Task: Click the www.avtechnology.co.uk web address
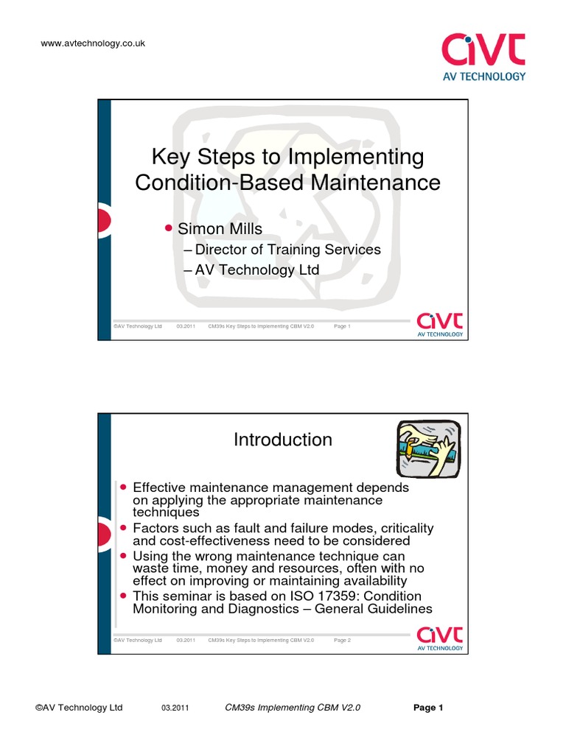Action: pyautogui.click(x=93, y=43)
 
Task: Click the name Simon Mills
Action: pyautogui.click(x=220, y=229)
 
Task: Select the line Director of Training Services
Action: pyautogui.click(x=282, y=250)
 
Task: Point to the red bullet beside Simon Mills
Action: pyautogui.click(x=168, y=228)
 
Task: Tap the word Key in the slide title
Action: pyautogui.click(x=171, y=157)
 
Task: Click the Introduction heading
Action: pyautogui.click(x=283, y=440)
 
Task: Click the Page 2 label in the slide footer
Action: pyautogui.click(x=342, y=641)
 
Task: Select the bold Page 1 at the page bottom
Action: pyautogui.click(x=428, y=708)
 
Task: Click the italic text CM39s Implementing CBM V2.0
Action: pyautogui.click(x=293, y=708)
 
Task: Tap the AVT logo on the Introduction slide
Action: pyautogui.click(x=440, y=638)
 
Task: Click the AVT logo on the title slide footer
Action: pyautogui.click(x=440, y=325)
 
